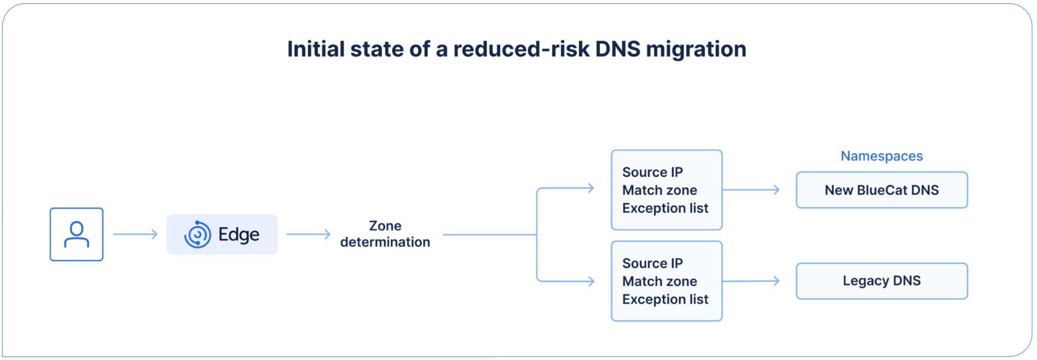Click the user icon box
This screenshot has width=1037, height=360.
(x=76, y=234)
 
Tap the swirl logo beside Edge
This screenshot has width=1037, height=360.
(x=197, y=234)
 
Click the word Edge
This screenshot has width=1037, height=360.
(x=238, y=234)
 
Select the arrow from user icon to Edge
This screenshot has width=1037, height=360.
(x=135, y=234)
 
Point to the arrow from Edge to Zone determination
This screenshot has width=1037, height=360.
(x=308, y=234)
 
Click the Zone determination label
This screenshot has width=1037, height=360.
(x=385, y=234)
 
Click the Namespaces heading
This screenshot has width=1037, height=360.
(x=882, y=156)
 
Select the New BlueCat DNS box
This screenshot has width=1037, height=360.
(x=882, y=190)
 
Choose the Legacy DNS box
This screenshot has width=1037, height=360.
(x=882, y=281)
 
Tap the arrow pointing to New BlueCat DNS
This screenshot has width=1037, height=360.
(x=751, y=190)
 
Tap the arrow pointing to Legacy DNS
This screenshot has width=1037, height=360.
(x=751, y=281)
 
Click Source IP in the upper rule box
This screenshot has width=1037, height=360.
(x=652, y=172)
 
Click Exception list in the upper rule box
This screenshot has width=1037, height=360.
(x=665, y=208)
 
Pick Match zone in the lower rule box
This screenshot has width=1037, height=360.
(x=659, y=281)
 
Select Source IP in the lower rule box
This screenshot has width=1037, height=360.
(x=652, y=263)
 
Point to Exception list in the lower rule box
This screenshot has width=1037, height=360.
(x=665, y=299)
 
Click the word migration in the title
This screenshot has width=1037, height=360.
(x=696, y=49)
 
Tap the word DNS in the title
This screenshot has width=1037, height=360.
(x=618, y=49)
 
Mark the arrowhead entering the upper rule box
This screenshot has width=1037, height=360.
(x=590, y=188)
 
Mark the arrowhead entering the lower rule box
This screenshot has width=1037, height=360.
(x=590, y=281)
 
